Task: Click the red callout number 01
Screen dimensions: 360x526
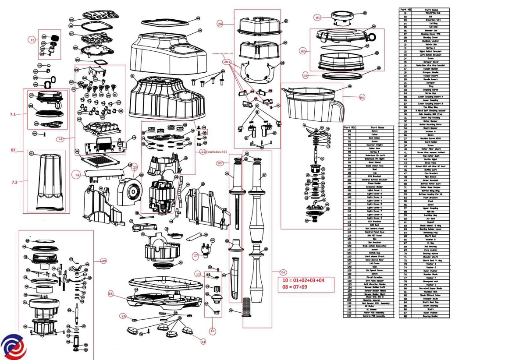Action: point(318,18)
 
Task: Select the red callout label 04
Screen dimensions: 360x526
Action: point(362,98)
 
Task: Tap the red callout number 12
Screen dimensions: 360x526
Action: point(32,40)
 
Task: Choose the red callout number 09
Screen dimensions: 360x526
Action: point(103,261)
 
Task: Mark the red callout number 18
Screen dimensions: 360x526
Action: point(110,294)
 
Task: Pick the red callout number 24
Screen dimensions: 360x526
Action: point(203,342)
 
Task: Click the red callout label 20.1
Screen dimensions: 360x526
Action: point(227,62)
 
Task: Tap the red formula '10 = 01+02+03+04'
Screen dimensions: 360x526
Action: point(304,280)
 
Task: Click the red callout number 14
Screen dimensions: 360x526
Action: point(77,175)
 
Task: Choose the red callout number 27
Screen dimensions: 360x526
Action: point(196,255)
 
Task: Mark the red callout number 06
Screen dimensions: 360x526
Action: point(283,272)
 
